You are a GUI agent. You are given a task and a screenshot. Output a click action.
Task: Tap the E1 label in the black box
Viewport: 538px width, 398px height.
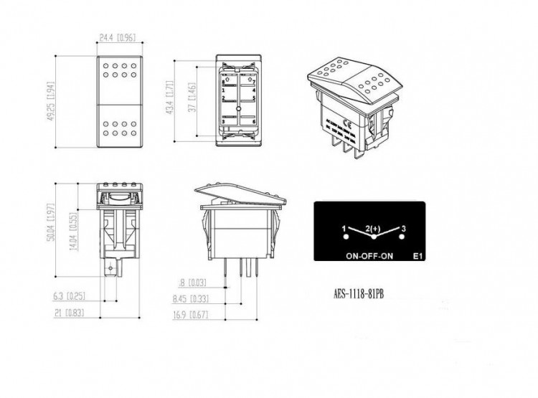click(x=419, y=255)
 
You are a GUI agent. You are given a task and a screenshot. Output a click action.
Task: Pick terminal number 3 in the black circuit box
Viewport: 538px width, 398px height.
click(x=404, y=228)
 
